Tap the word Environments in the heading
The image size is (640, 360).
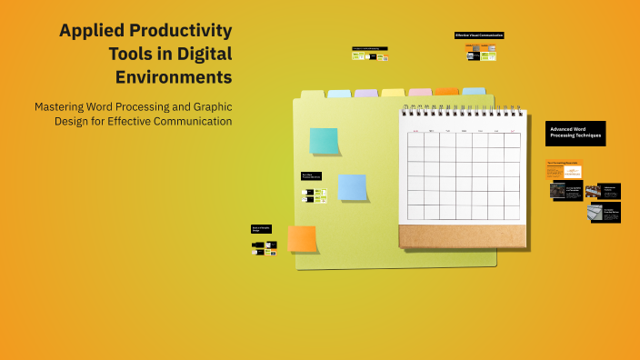pyautogui.click(x=173, y=76)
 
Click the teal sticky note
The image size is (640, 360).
pyautogui.click(x=324, y=141)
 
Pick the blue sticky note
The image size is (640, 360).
pyautogui.click(x=352, y=186)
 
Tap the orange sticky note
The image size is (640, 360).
pyautogui.click(x=302, y=238)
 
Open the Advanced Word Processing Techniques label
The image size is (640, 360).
pyautogui.click(x=575, y=133)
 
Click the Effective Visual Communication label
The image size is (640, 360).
pyautogui.click(x=479, y=35)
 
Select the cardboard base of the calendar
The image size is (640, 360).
pyautogui.click(x=462, y=236)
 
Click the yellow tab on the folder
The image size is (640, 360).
pyautogui.click(x=393, y=93)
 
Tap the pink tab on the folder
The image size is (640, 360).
pyautogui.click(x=420, y=92)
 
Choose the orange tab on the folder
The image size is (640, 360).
pyautogui.click(x=446, y=91)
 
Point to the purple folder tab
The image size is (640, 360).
pyautogui.click(x=365, y=93)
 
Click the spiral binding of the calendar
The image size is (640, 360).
pyautogui.click(x=463, y=111)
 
